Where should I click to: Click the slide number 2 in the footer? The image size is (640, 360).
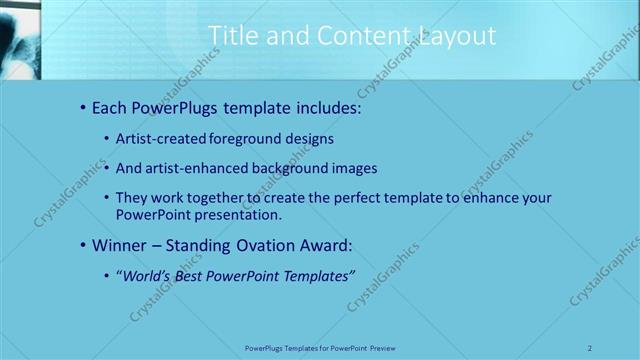tap(590, 347)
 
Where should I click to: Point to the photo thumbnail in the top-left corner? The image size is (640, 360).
tap(20, 39)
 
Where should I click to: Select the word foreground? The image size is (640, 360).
tap(245, 139)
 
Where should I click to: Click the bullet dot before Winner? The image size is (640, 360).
tap(83, 244)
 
